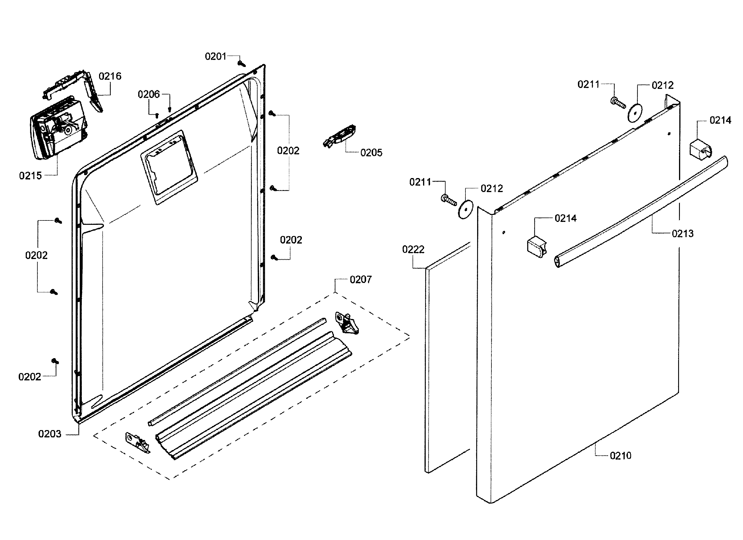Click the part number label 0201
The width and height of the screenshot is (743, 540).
(x=215, y=56)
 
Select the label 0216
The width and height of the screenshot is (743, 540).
(x=110, y=76)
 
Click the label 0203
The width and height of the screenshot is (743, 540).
(x=50, y=434)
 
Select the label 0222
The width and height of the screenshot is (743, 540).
(x=413, y=249)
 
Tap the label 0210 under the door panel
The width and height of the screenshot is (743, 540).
(x=620, y=456)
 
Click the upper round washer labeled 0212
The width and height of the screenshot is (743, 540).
(x=635, y=113)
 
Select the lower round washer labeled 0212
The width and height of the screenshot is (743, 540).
(x=465, y=209)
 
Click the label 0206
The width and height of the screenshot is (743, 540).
(x=148, y=94)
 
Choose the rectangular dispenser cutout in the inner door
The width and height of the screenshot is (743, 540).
(x=169, y=167)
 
